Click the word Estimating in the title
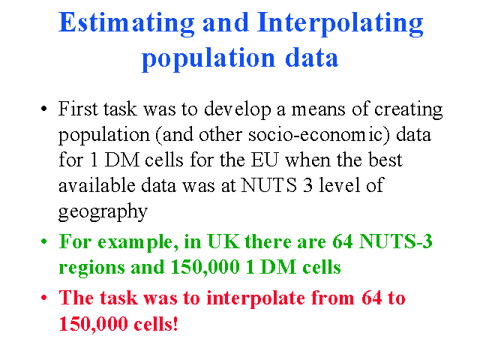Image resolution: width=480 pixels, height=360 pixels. pos(127,24)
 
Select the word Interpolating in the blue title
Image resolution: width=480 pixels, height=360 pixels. pos(340,24)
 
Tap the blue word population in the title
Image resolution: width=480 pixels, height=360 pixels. pos(208,59)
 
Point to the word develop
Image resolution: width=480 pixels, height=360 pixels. pos(238,110)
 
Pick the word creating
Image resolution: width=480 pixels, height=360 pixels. pos(408,110)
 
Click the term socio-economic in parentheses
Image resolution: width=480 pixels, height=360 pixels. pos(317,135)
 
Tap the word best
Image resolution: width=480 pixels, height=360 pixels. pos(385,160)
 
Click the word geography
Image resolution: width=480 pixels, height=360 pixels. pos(103,212)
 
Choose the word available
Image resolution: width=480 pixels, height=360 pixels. pos(97,185)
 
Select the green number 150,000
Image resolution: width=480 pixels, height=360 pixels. pos(205,267)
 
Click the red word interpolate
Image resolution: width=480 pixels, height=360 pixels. pos(256,298)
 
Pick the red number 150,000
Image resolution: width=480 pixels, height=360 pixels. pos(93,324)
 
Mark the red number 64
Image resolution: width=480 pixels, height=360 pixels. pos(372,298)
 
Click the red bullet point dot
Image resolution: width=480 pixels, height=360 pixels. pos(44,298)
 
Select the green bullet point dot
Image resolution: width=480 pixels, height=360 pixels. pos(44,241)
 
